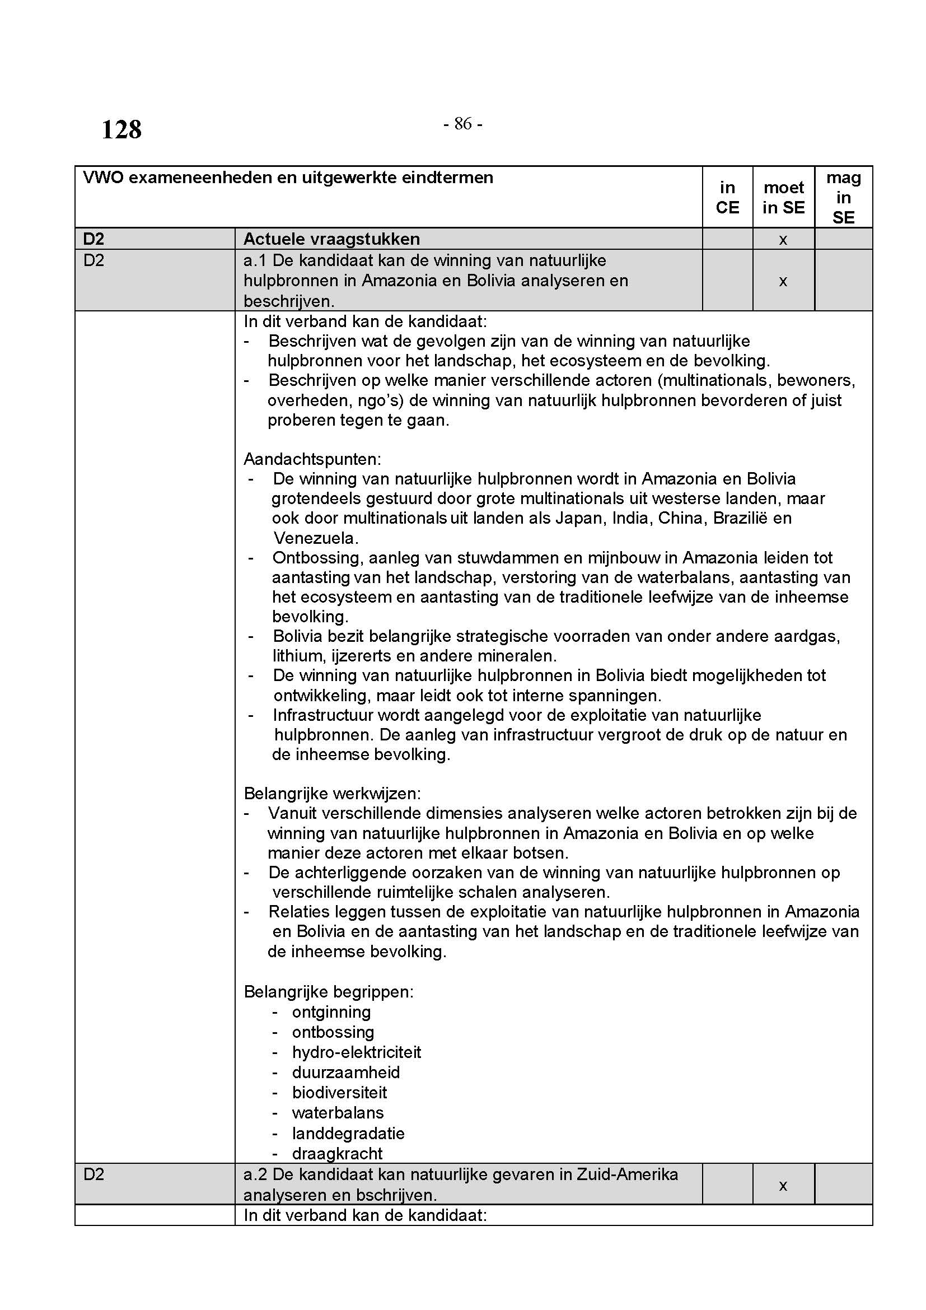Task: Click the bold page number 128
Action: click(121, 129)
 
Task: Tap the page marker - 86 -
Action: click(463, 123)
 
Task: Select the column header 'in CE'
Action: click(727, 197)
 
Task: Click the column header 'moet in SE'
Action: click(783, 197)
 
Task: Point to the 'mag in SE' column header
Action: click(843, 197)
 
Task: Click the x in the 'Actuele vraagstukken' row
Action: click(783, 240)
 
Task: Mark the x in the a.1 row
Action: click(783, 281)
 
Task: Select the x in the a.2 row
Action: click(783, 1186)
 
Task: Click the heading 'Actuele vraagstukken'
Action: click(331, 239)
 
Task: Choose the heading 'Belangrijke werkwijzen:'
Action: click(333, 794)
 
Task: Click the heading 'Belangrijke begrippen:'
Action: click(329, 992)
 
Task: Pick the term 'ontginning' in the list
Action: click(331, 1012)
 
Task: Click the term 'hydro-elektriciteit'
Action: click(357, 1052)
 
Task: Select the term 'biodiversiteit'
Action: click(339, 1092)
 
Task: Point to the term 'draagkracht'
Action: click(337, 1153)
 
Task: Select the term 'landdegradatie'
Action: click(348, 1133)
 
